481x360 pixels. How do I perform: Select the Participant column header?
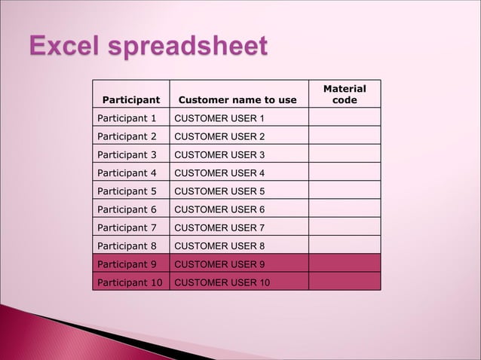click(131, 99)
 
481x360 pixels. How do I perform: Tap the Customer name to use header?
click(237, 99)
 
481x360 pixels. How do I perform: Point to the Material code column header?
click(344, 94)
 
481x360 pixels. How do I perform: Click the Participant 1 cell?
click(127, 118)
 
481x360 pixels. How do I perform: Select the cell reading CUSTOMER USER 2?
click(219, 136)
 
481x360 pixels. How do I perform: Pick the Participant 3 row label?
click(127, 154)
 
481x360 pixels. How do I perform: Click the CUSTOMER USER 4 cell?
click(219, 172)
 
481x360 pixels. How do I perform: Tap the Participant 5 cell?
click(127, 191)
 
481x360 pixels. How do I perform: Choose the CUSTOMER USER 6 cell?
click(219, 209)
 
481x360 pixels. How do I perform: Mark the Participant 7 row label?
click(127, 227)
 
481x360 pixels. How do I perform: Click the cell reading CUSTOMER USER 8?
click(219, 246)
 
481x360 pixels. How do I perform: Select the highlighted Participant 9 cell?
click(127, 264)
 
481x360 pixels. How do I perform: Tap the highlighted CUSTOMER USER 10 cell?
click(222, 282)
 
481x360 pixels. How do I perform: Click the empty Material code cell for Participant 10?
click(344, 282)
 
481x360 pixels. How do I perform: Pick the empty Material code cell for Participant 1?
click(344, 118)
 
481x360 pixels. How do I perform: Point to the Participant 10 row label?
click(130, 282)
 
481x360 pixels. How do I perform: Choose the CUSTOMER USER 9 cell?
click(219, 264)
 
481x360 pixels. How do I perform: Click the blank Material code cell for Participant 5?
click(344, 191)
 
